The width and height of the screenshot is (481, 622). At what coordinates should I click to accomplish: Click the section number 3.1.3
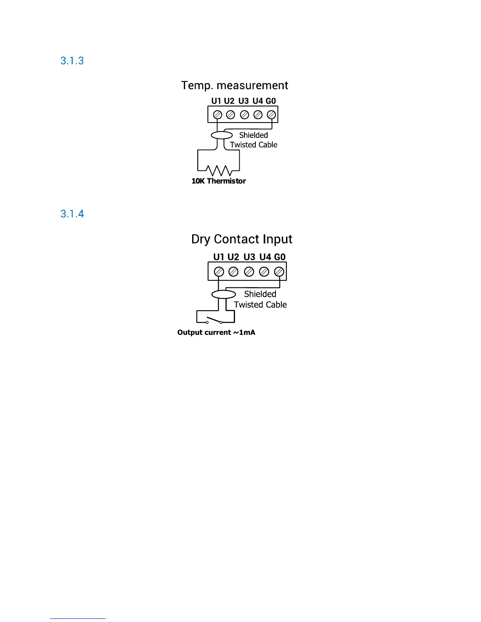pos(72,61)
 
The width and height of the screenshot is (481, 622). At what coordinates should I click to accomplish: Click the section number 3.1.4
pos(72,214)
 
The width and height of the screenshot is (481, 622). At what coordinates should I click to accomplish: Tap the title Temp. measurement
pos(235,86)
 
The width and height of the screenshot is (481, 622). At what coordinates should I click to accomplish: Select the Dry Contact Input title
pos(242,239)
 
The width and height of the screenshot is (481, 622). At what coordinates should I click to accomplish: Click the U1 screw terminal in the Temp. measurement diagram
pos(217,115)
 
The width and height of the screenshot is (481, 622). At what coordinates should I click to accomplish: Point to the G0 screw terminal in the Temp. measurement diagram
pos(271,115)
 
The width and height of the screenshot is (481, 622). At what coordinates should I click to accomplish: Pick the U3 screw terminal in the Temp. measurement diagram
pos(244,115)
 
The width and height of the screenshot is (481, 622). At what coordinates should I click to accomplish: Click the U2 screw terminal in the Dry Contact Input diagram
pos(233,271)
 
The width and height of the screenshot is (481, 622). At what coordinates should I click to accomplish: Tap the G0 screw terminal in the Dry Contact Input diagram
pos(279,271)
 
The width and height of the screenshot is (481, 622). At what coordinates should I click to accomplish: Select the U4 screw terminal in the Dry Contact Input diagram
pos(264,271)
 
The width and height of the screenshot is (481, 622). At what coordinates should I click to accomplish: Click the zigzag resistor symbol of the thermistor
pos(218,171)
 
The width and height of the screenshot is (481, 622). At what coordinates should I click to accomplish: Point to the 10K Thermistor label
pos(218,181)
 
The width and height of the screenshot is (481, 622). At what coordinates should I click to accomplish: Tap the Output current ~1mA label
pos(216,333)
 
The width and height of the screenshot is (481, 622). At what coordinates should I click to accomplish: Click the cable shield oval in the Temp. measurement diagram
pos(222,135)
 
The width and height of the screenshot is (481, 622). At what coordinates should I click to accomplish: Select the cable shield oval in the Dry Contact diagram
pos(224,295)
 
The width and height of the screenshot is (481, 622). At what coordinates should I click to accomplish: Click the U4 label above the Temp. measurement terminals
pos(257,101)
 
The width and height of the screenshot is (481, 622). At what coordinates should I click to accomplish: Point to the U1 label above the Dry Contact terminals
pos(218,257)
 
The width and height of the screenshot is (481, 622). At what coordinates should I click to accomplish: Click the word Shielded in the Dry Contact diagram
pos(260,294)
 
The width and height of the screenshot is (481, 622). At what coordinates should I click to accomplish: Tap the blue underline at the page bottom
pos(77,618)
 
